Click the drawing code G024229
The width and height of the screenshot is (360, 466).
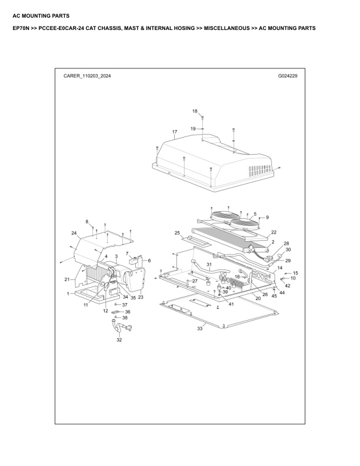click(x=287, y=76)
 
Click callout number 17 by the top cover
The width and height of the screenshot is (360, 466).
click(x=175, y=131)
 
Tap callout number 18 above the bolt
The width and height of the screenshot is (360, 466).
click(x=195, y=111)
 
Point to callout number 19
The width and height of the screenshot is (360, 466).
click(x=192, y=128)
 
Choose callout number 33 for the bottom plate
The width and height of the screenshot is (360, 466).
click(x=199, y=328)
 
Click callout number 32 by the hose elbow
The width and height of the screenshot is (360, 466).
click(x=119, y=340)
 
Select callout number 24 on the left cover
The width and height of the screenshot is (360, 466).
click(x=74, y=234)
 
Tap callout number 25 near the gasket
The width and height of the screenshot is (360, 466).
click(x=177, y=233)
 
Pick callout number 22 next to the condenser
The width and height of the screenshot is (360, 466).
click(x=274, y=232)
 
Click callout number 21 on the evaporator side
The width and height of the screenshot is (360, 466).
click(x=66, y=279)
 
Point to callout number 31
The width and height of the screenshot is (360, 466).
click(x=208, y=264)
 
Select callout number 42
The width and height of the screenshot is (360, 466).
click(x=287, y=285)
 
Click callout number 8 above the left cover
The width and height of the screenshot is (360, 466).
click(x=87, y=222)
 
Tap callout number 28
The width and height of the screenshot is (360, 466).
click(x=286, y=243)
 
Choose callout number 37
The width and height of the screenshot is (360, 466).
click(x=125, y=305)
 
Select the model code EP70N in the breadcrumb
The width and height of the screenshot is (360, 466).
click(x=21, y=28)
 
